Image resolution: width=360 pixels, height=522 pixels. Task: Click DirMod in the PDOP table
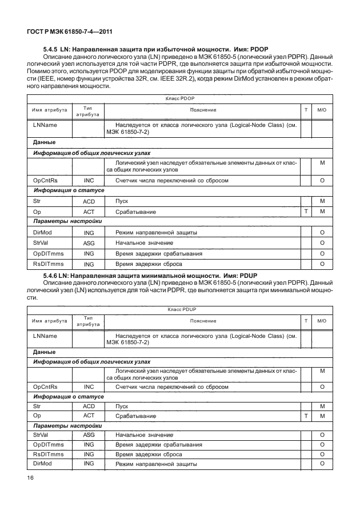tap(44, 233)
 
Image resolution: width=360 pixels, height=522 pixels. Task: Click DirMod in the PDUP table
tap(43, 463)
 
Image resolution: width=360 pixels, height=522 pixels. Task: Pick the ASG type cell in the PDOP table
tap(89, 243)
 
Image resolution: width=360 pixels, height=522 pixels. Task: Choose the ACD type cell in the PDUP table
tap(89, 405)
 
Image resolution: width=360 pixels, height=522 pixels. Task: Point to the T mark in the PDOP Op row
tap(306, 212)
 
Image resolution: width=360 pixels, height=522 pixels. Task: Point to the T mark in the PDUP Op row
tap(306, 416)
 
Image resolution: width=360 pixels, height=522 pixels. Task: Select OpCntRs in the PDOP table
tap(46, 180)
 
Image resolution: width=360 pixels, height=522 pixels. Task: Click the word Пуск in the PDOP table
tap(122, 201)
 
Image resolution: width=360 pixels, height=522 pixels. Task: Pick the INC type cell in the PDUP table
tap(89, 386)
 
